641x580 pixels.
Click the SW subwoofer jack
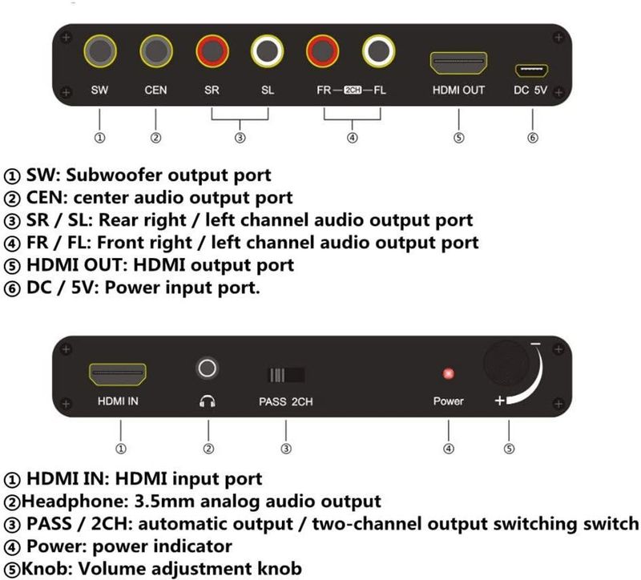(x=100, y=51)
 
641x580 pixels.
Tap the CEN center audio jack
(x=156, y=51)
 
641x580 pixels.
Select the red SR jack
(x=212, y=51)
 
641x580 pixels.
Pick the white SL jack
(x=268, y=51)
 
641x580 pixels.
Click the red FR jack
(x=323, y=51)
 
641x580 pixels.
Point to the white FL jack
(x=378, y=51)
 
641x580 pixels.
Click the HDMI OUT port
(x=458, y=63)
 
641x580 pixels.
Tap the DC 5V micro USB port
(x=531, y=70)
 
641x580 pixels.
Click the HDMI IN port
(x=118, y=374)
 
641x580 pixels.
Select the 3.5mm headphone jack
(x=208, y=369)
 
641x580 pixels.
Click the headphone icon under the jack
(x=208, y=401)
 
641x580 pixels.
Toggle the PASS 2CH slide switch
(x=286, y=375)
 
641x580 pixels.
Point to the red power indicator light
(x=449, y=373)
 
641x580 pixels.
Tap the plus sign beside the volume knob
(x=499, y=401)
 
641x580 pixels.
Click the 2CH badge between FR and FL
(x=353, y=90)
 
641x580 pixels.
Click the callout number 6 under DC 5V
(x=532, y=138)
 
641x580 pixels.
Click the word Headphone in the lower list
(x=75, y=501)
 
